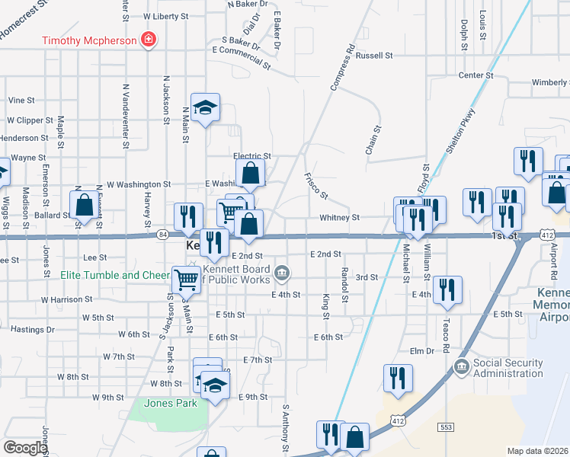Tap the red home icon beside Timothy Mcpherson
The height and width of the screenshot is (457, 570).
pyautogui.click(x=149, y=40)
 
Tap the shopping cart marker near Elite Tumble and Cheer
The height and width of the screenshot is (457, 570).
pyautogui.click(x=186, y=280)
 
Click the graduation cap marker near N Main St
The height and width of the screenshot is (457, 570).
pyautogui.click(x=205, y=107)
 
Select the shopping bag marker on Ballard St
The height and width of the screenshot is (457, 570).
pyautogui.click(x=84, y=205)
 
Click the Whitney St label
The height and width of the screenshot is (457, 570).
pyautogui.click(x=339, y=217)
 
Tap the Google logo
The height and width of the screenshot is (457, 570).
pyautogui.click(x=24, y=448)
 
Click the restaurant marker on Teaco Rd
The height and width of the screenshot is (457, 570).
pyautogui.click(x=447, y=289)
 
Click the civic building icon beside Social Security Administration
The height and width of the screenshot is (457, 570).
pyautogui.click(x=462, y=368)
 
